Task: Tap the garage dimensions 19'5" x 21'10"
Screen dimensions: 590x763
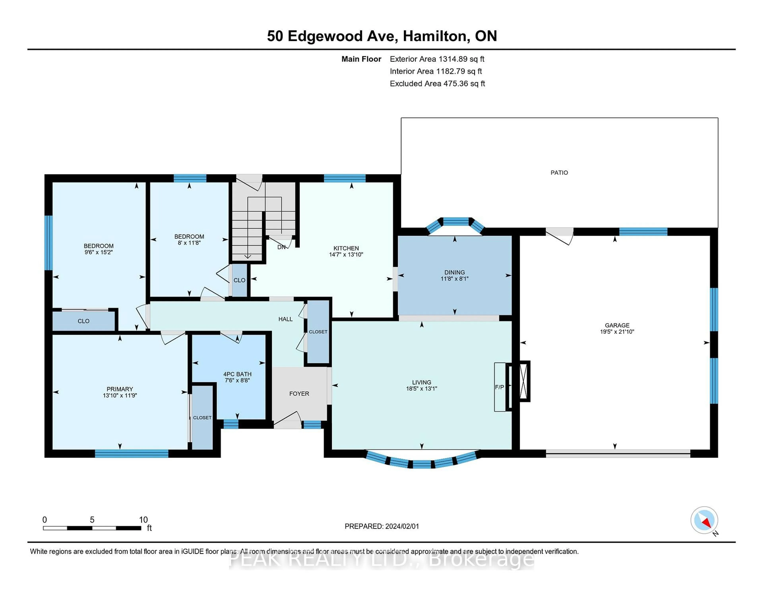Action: click(617, 332)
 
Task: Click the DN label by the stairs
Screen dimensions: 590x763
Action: click(281, 247)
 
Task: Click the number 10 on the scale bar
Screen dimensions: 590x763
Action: click(143, 520)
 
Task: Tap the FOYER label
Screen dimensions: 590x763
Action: click(299, 394)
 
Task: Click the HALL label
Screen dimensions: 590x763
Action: click(285, 319)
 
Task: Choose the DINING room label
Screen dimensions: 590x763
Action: click(454, 272)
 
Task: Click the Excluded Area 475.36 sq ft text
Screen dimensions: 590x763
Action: click(437, 83)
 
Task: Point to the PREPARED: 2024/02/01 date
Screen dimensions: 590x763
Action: click(381, 526)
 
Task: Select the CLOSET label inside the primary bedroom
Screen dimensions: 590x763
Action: click(202, 418)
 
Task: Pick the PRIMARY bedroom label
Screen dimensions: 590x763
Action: click(120, 389)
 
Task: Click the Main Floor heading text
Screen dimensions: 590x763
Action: click(361, 59)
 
